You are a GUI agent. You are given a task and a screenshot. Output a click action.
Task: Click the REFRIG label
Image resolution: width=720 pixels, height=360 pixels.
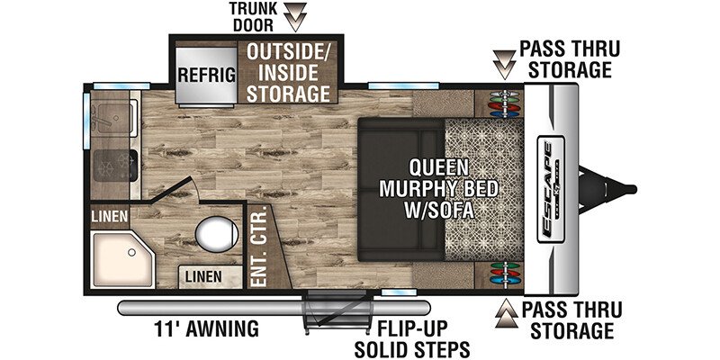(x=207, y=75)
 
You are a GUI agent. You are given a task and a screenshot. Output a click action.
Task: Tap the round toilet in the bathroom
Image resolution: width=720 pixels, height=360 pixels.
(x=217, y=234)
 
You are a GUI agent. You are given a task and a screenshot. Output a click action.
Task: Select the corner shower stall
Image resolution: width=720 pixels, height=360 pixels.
(x=121, y=259)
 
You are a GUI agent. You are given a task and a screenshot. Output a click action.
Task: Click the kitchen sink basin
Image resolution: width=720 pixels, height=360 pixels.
(x=114, y=119)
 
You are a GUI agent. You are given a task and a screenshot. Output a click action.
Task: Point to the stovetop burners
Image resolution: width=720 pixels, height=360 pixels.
(x=115, y=166)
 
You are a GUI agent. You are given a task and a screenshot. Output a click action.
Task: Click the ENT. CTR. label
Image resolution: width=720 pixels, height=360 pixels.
(x=259, y=247)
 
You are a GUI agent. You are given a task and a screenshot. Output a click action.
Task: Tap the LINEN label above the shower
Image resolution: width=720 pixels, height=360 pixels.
(x=109, y=216)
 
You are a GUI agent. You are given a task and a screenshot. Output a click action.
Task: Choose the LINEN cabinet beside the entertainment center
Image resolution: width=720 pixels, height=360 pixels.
(x=211, y=277)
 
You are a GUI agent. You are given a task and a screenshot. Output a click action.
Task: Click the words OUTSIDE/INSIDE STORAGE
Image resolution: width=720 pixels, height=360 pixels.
(x=288, y=73)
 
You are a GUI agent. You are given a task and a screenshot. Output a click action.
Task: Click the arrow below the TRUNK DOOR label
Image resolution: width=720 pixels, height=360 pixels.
(x=295, y=17)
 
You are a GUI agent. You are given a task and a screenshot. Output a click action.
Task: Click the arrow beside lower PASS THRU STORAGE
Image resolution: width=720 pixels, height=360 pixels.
(x=507, y=313)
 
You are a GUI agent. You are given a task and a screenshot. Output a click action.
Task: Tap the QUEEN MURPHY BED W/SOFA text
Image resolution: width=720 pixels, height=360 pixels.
(x=438, y=189)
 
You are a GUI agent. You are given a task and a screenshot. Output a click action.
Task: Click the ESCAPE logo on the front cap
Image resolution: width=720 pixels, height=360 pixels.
(x=551, y=189)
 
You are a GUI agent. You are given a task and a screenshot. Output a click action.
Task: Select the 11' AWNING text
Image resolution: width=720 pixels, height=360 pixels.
(x=206, y=328)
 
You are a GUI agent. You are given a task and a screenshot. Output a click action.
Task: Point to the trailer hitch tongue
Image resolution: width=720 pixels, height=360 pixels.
(x=607, y=189)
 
